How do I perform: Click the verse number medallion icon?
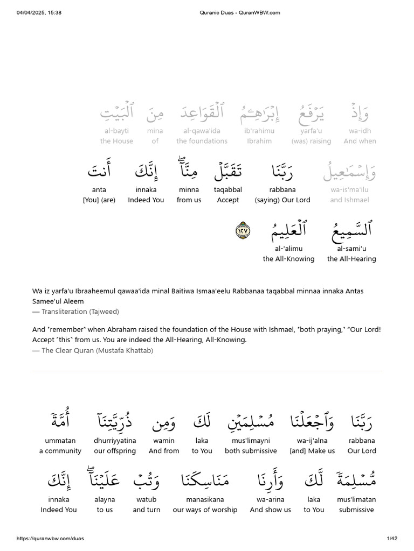pyautogui.click(x=243, y=230)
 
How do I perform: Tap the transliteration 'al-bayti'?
pyautogui.click(x=116, y=131)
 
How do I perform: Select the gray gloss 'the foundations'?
pyautogui.click(x=202, y=141)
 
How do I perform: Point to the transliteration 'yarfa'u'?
pyautogui.click(x=311, y=131)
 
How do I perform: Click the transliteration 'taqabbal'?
pyautogui.click(x=227, y=189)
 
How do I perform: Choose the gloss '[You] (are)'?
pyautogui.click(x=99, y=200)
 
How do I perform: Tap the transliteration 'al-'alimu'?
pyautogui.click(x=288, y=248)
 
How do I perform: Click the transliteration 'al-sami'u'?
pyautogui.click(x=351, y=248)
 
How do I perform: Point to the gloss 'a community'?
pyautogui.click(x=60, y=451)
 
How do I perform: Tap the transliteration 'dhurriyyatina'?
pyautogui.click(x=114, y=440)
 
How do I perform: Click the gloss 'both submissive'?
pyautogui.click(x=251, y=451)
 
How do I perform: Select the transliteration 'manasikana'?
pyautogui.click(x=205, y=499)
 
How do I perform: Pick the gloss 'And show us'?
pyautogui.click(x=270, y=510)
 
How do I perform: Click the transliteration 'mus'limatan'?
pyautogui.click(x=356, y=499)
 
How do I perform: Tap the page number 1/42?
pyautogui.click(x=392, y=539)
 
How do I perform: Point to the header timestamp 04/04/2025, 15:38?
pyautogui.click(x=39, y=12)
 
